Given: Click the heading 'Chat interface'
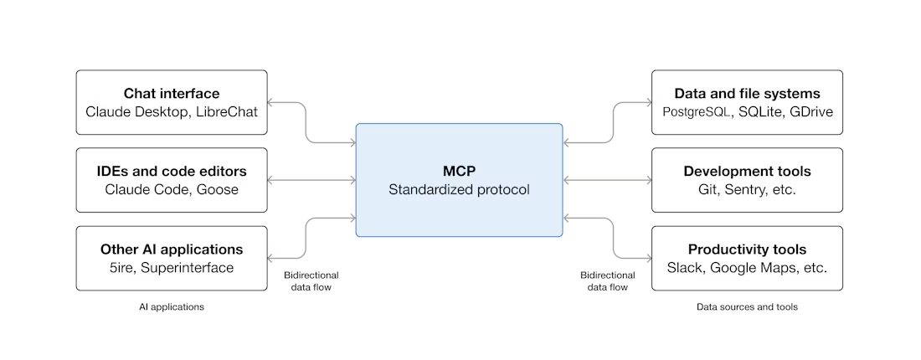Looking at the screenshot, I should [x=172, y=93].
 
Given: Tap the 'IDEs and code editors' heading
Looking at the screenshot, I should [x=172, y=171].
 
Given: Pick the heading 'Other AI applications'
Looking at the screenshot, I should [x=172, y=249].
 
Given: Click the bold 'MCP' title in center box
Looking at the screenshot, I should [x=459, y=171].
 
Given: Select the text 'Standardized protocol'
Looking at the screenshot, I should [x=459, y=189].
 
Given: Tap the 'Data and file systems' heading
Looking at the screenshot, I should [x=747, y=93].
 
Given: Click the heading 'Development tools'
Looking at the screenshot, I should [x=747, y=171].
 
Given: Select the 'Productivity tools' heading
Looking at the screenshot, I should [x=747, y=249].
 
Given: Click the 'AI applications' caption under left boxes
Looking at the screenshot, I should [x=172, y=307].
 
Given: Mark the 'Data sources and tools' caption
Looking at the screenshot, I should [x=747, y=307].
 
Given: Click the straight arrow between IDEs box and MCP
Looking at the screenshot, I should [x=311, y=180].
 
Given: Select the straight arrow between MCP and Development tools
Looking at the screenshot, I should [x=607, y=180].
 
